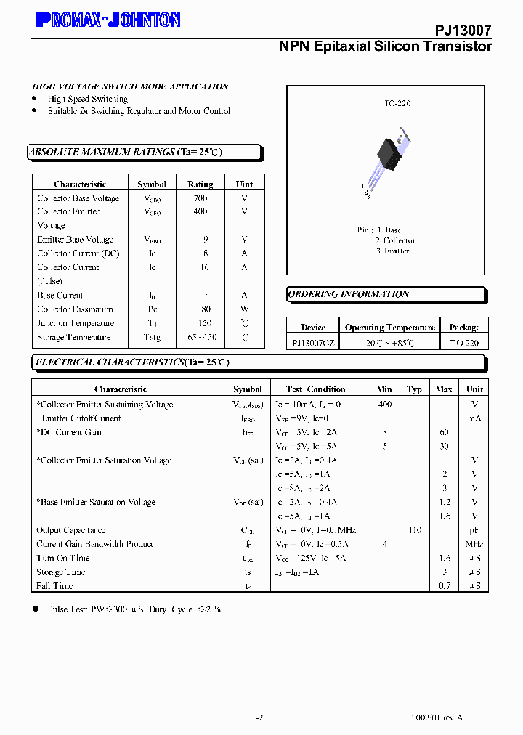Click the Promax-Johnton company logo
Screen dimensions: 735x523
pyautogui.click(x=108, y=20)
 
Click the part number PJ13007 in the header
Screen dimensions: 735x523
pyautogui.click(x=463, y=30)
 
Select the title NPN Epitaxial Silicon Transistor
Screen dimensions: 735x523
pyautogui.click(x=385, y=46)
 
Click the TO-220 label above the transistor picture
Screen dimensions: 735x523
pyautogui.click(x=397, y=104)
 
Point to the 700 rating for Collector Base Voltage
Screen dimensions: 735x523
pyautogui.click(x=200, y=198)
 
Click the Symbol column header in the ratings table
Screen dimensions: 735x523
pyautogui.click(x=152, y=184)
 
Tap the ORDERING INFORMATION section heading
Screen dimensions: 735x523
pyautogui.click(x=349, y=294)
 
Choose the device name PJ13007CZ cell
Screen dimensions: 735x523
pyautogui.click(x=313, y=343)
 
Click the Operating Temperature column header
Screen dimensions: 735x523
pyautogui.click(x=390, y=328)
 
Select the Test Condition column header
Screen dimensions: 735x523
pyautogui.click(x=316, y=389)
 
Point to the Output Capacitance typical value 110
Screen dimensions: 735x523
pyautogui.click(x=415, y=530)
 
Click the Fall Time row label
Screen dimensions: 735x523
pyautogui.click(x=54, y=586)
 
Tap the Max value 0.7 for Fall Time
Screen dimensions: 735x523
pyautogui.click(x=445, y=586)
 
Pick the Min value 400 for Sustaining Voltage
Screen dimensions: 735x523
pyautogui.click(x=385, y=405)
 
